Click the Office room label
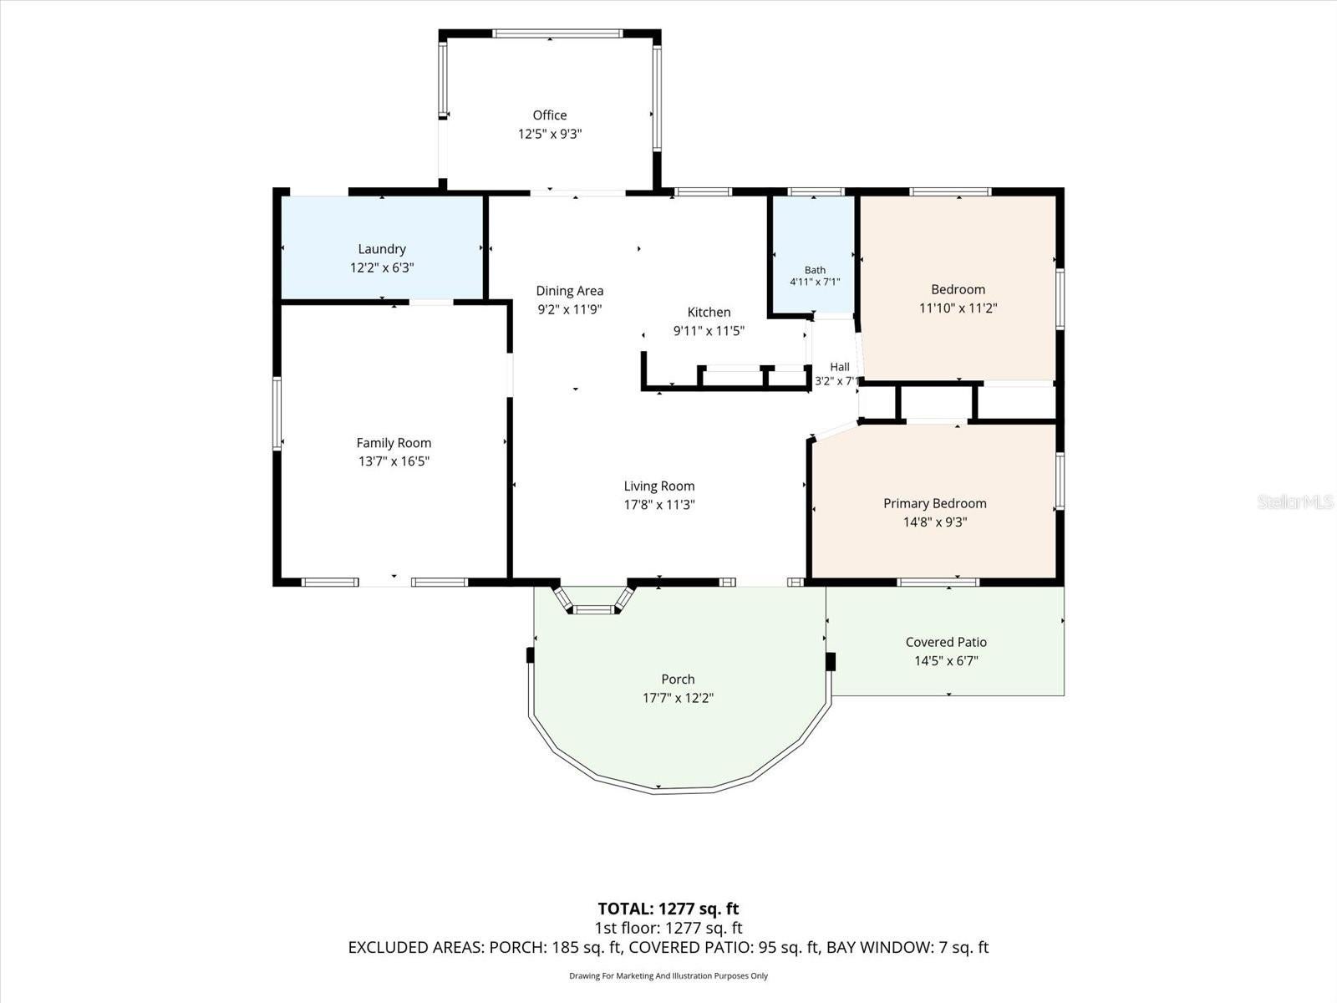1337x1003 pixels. tap(549, 115)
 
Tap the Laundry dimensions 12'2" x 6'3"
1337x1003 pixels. tap(382, 267)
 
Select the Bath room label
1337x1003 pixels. tap(815, 270)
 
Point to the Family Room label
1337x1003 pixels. tap(394, 443)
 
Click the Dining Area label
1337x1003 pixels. tap(570, 291)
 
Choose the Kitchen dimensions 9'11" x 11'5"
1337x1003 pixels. tap(709, 331)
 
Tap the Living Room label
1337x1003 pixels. tap(659, 486)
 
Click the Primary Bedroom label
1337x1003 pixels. tap(935, 503)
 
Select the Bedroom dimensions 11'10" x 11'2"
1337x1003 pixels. tap(958, 308)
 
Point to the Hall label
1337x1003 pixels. tap(839, 367)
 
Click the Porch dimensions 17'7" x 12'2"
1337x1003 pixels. tap(678, 698)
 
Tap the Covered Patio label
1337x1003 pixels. tap(946, 642)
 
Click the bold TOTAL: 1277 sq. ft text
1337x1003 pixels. tap(668, 909)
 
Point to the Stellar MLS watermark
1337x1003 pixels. tap(1295, 501)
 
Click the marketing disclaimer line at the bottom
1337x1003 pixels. tap(668, 975)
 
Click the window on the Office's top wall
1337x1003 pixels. tap(557, 33)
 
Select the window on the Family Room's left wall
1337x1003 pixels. tap(277, 414)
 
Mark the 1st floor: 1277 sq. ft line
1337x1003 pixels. tap(668, 928)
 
